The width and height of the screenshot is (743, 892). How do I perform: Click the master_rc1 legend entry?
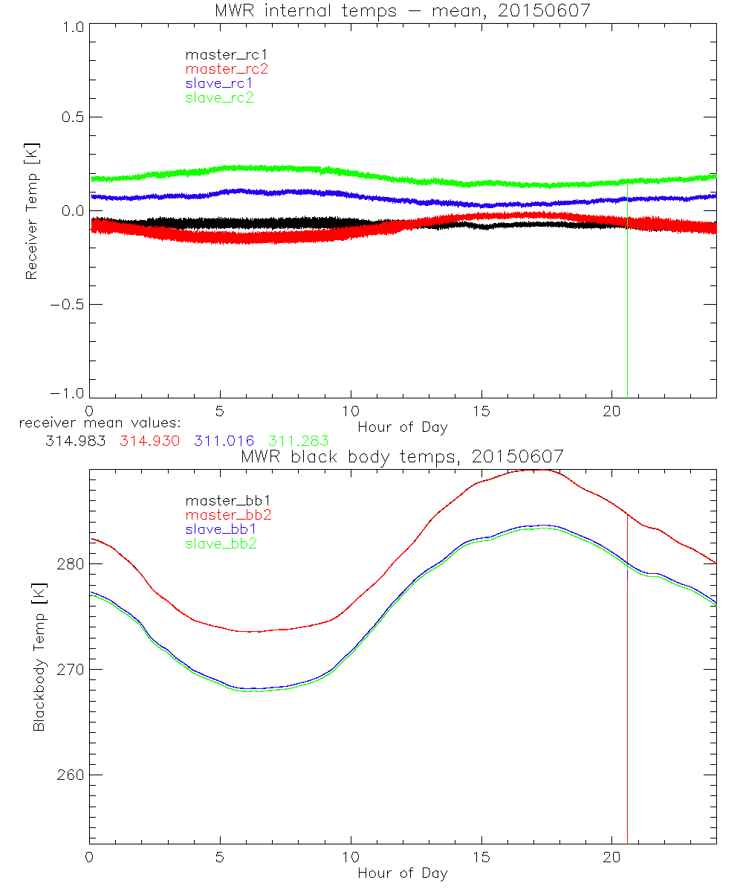[219, 54]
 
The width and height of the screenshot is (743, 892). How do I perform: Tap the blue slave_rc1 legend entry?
[219, 83]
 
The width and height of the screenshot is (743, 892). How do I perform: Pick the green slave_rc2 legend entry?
[219, 97]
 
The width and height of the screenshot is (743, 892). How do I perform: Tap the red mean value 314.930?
[149, 441]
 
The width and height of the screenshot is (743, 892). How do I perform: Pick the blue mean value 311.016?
[224, 441]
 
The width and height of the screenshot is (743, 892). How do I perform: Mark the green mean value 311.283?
[298, 441]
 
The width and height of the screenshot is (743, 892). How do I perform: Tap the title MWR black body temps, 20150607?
[402, 456]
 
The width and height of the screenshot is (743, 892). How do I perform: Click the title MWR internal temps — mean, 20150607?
[402, 10]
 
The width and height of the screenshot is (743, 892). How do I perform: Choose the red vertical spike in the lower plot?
[628, 706]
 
